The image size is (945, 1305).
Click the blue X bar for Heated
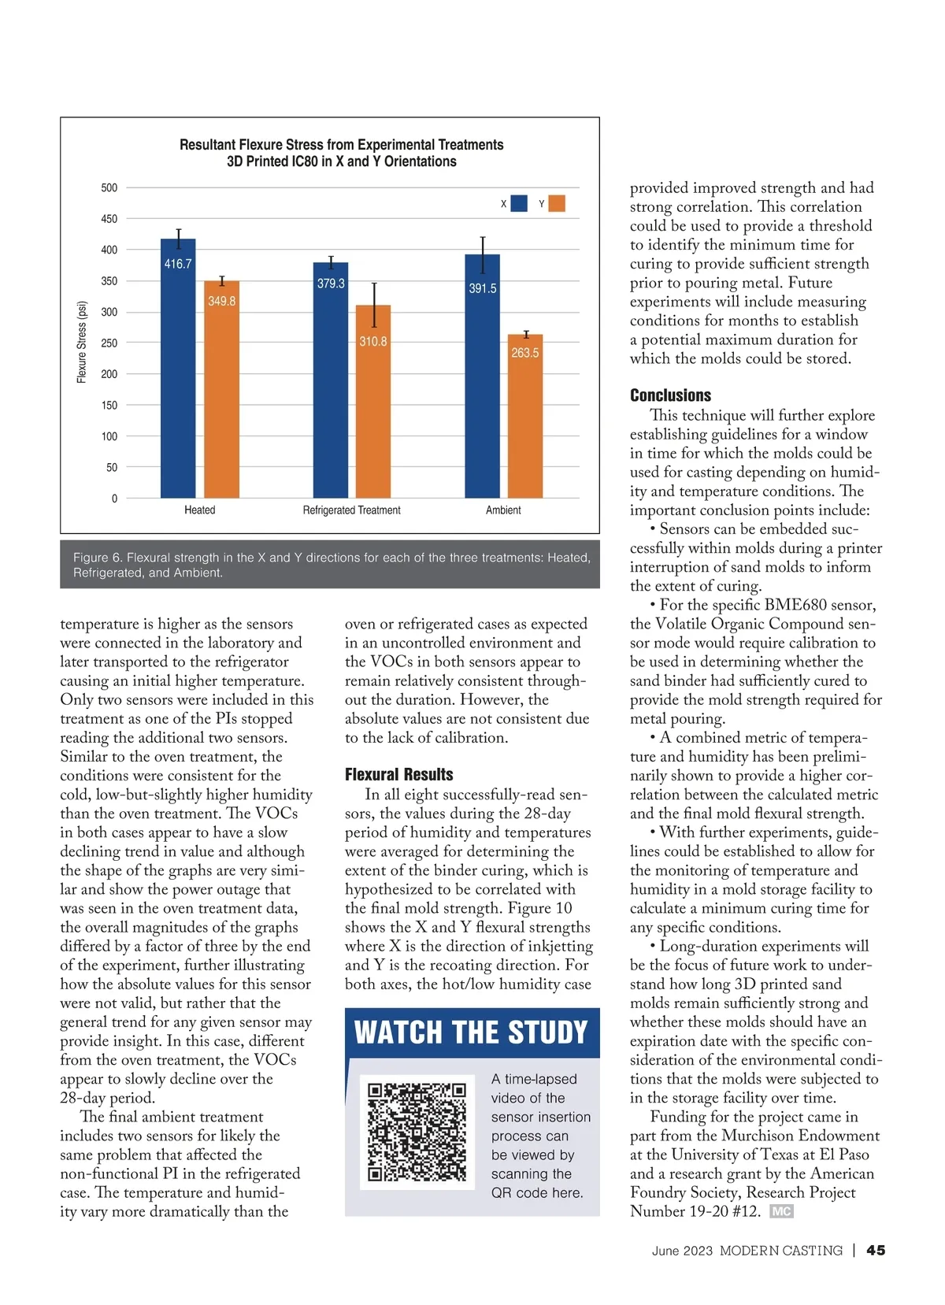click(178, 378)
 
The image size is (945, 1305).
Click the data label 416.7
click(178, 264)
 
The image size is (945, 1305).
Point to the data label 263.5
click(525, 353)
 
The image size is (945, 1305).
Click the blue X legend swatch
click(519, 204)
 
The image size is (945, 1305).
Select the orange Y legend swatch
click(557, 204)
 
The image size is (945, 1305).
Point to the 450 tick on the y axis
click(109, 219)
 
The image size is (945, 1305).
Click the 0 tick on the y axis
click(114, 499)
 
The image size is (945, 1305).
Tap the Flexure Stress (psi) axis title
click(81, 343)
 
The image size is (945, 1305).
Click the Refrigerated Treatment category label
click(351, 510)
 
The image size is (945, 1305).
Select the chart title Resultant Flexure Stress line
click(341, 145)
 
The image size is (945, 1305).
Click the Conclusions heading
click(670, 395)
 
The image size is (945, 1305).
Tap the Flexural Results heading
click(398, 774)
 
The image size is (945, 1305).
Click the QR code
click(417, 1133)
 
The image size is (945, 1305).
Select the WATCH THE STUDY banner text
click(471, 1032)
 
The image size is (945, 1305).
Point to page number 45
click(876, 1250)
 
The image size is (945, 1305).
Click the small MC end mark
click(781, 1211)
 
